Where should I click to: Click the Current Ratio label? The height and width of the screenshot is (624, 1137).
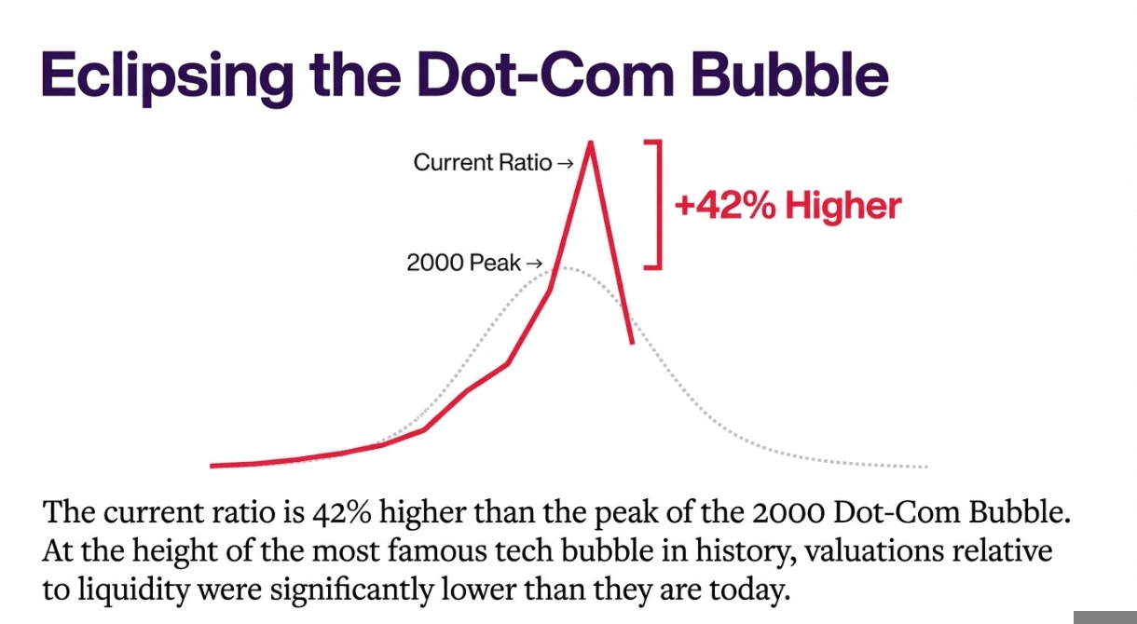(482, 163)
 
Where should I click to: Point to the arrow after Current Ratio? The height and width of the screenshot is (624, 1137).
(564, 164)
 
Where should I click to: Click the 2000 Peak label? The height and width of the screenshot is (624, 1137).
(463, 264)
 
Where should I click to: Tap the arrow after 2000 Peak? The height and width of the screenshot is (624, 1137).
(534, 265)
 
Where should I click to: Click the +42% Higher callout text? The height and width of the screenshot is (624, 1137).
(788, 205)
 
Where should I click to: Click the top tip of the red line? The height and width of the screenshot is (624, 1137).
(589, 142)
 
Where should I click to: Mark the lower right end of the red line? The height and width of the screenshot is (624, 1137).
(633, 343)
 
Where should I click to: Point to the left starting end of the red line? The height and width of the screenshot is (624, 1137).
(213, 465)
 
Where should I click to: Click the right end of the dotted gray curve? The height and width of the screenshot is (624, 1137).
(925, 466)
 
